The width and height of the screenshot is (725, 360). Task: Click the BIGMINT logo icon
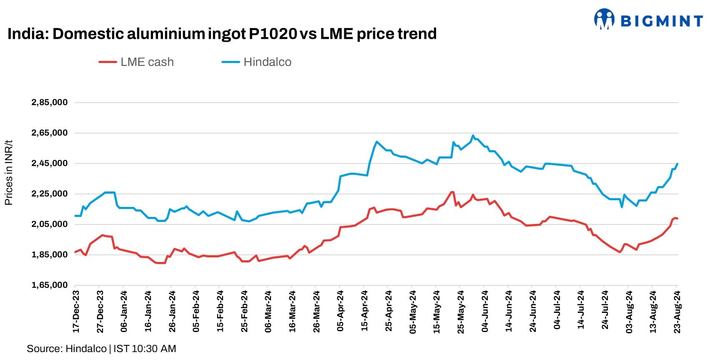(604, 19)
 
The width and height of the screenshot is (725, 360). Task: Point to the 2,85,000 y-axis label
(49, 103)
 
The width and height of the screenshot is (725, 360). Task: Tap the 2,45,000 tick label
(49, 164)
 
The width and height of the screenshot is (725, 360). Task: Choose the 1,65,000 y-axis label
(49, 285)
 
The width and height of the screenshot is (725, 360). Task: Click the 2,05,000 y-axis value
(49, 224)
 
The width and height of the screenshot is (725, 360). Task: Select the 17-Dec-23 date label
(76, 312)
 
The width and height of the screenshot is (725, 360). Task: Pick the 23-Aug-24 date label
(677, 312)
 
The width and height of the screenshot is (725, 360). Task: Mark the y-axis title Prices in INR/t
(8, 173)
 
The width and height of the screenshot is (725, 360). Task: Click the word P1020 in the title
(273, 34)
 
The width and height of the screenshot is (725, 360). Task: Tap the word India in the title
(27, 34)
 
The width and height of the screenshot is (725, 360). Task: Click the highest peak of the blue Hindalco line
(473, 136)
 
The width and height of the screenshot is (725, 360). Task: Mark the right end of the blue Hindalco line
(677, 164)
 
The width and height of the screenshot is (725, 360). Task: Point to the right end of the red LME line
(677, 218)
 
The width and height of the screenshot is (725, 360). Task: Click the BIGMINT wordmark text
(662, 21)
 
